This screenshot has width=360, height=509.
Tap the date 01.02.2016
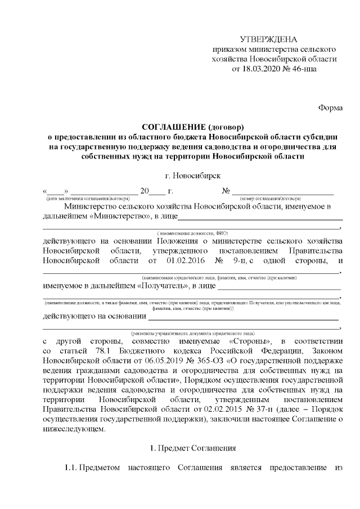186,260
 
